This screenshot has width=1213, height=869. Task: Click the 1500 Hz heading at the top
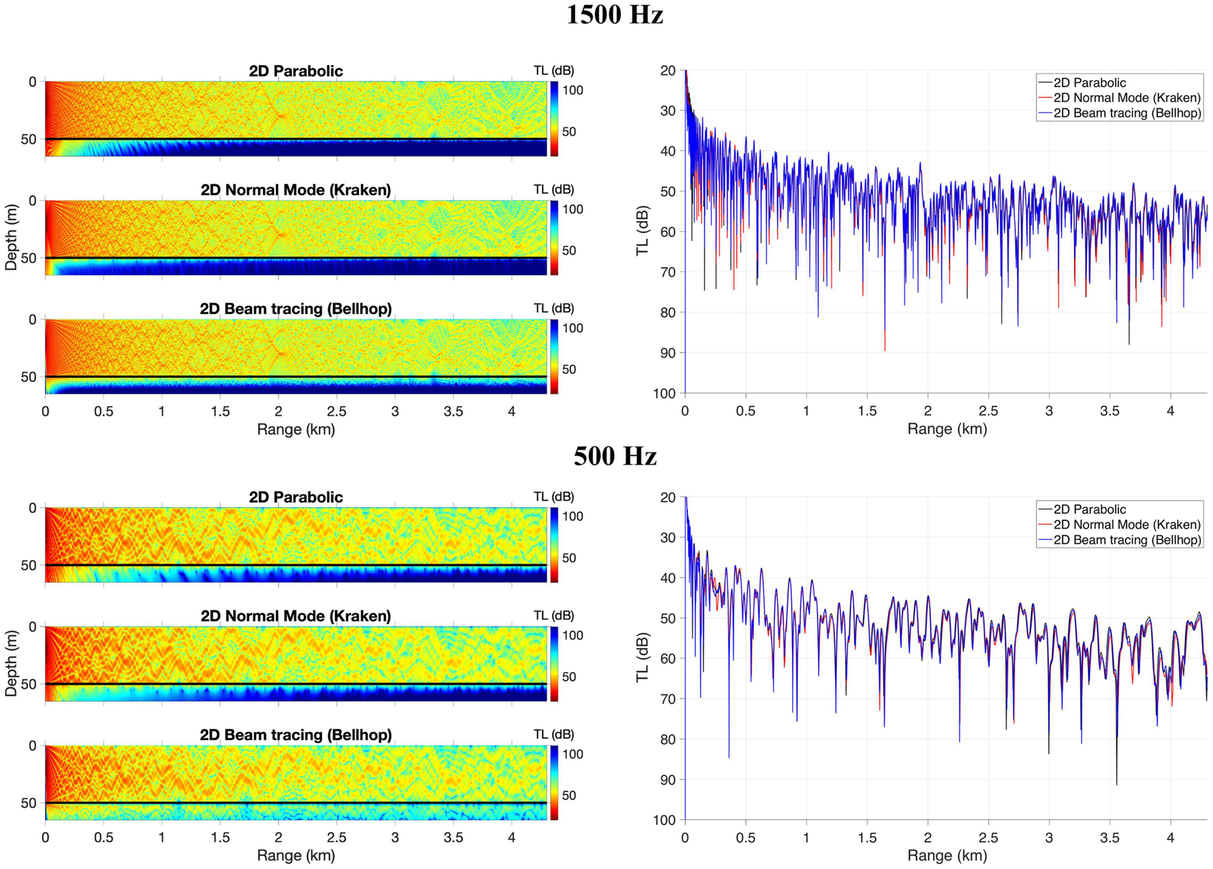click(614, 15)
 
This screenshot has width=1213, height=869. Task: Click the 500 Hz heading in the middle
click(614, 456)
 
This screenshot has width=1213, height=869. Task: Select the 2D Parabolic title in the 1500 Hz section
click(296, 71)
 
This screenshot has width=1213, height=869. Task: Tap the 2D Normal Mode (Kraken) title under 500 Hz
click(296, 616)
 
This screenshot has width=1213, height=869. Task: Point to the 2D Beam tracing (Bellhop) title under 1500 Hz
click(296, 309)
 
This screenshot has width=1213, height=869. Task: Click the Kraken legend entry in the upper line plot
click(1127, 98)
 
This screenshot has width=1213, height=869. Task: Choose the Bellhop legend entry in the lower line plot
click(1127, 540)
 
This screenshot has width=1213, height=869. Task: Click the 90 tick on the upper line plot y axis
click(667, 353)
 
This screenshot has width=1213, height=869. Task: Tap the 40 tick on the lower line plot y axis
click(667, 578)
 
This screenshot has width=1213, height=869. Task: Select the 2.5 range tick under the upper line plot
click(988, 411)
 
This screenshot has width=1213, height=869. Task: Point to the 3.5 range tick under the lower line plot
click(1110, 838)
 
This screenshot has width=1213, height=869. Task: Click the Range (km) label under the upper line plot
click(947, 429)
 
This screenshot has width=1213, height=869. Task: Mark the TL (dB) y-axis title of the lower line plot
click(642, 658)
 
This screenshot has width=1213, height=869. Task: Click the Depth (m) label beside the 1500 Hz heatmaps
click(11, 237)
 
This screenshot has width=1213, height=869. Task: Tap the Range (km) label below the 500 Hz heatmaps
click(296, 855)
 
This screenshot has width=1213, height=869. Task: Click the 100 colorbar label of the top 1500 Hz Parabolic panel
click(572, 90)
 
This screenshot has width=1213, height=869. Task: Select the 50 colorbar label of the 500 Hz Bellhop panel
click(569, 795)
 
